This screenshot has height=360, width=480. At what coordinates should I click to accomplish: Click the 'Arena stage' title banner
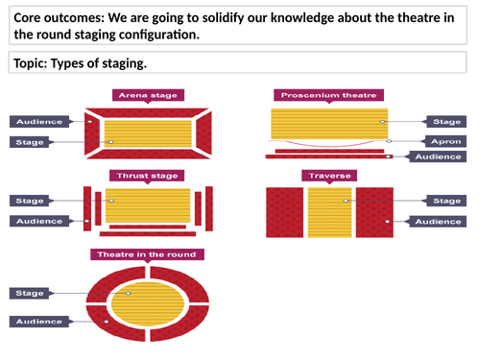coord(146,95)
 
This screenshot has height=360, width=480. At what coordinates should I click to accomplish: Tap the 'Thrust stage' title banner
coord(147,176)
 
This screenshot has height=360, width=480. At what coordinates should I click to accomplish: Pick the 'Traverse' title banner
coord(328,176)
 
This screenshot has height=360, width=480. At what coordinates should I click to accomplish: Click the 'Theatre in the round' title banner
coord(146,254)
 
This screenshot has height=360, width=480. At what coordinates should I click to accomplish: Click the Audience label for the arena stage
coord(38,122)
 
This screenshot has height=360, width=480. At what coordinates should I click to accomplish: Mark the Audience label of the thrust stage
coord(38,222)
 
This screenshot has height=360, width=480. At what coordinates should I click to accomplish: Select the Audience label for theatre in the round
coord(38,320)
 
